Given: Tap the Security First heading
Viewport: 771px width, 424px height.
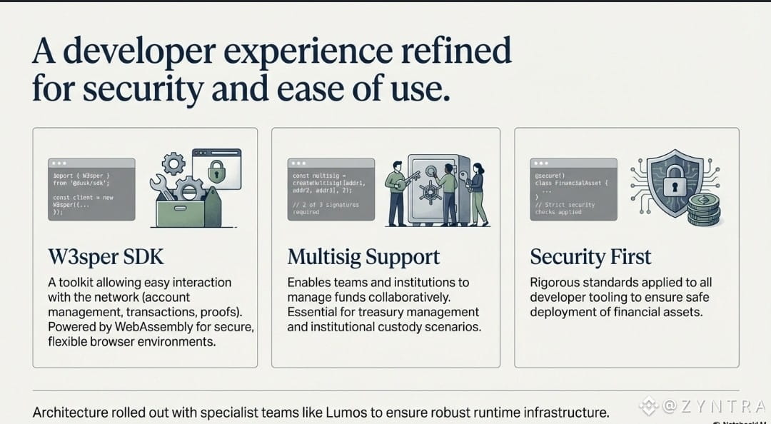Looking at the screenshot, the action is tap(590, 257).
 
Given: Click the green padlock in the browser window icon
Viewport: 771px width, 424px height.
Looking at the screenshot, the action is tap(217, 171).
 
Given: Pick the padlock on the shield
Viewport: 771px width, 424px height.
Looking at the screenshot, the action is tap(674, 183).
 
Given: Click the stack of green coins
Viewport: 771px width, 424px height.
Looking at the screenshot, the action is tap(704, 208).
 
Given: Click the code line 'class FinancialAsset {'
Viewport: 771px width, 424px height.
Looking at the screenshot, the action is tap(570, 183).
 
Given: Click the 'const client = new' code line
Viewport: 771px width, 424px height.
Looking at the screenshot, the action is tap(83, 198).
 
